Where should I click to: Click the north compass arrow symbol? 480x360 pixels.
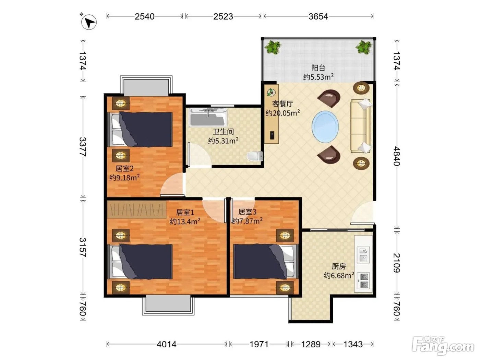[x=89, y=22]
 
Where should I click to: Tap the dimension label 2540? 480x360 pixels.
[x=145, y=16]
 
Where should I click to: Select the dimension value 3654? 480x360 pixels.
[x=318, y=16]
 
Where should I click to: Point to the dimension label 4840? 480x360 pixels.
[x=397, y=156]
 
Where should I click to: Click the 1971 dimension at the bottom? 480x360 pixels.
[x=259, y=344]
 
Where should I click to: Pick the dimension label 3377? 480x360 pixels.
[x=83, y=147]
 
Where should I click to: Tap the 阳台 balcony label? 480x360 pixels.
[x=318, y=68]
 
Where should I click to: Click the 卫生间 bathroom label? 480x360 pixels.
[x=223, y=132]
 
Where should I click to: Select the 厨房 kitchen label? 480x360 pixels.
[x=339, y=266]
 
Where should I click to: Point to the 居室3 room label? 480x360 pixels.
[x=247, y=212]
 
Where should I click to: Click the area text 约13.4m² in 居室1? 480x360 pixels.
[x=185, y=221]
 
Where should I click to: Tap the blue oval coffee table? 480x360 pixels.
[x=325, y=127]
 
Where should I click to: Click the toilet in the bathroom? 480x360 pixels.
[x=255, y=156]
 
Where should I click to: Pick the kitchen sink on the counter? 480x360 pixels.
[x=363, y=255]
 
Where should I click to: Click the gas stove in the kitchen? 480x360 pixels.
[x=363, y=281]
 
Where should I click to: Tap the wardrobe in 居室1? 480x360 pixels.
[x=137, y=209]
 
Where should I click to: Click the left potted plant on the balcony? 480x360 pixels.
[x=273, y=47]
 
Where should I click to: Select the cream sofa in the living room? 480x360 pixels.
[x=361, y=126]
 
